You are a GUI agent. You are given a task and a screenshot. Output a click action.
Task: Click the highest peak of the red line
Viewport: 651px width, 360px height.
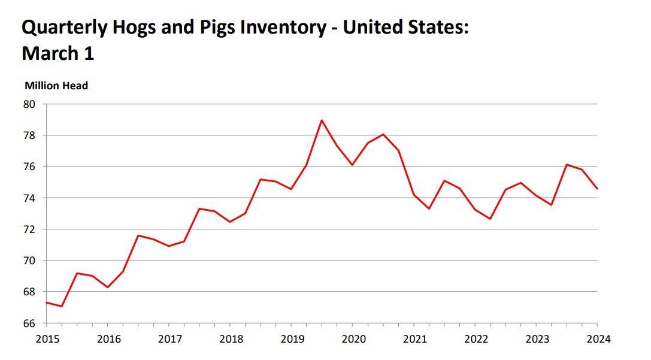click(x=322, y=120)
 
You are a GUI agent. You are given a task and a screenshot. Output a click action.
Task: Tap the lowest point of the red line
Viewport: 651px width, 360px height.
click(x=62, y=306)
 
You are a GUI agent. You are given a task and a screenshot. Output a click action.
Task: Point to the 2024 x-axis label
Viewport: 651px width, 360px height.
click(x=598, y=339)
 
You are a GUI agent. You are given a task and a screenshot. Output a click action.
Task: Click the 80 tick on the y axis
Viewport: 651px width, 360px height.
click(x=30, y=104)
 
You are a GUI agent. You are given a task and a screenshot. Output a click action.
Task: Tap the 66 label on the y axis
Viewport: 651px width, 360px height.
click(x=30, y=323)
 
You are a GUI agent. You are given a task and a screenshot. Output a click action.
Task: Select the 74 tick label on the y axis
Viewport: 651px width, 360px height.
click(x=30, y=198)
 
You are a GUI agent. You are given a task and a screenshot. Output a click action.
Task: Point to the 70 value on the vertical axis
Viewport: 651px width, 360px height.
click(x=30, y=261)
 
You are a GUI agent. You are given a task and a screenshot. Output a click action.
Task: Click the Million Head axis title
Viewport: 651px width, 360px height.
click(x=56, y=86)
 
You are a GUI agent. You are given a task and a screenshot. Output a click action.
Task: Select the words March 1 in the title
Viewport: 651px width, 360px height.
click(x=57, y=53)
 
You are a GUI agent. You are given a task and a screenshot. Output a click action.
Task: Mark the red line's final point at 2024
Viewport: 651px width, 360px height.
click(x=597, y=189)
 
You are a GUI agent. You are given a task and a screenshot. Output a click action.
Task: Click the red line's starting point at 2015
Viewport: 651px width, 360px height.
click(x=46, y=302)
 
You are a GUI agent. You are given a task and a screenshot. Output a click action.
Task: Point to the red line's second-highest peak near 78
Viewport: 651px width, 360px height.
click(x=383, y=134)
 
